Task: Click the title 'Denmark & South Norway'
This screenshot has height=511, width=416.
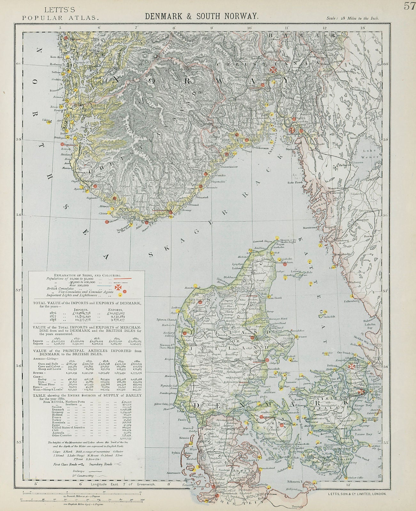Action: coord(201,17)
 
